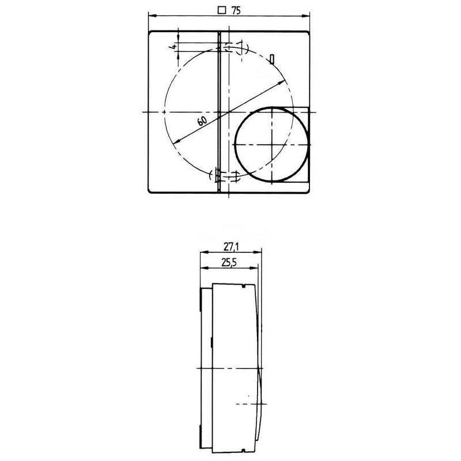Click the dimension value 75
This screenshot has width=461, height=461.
click(236, 10)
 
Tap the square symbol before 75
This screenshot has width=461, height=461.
click(222, 10)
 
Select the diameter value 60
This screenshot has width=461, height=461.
click(202, 120)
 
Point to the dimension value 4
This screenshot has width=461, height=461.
click(174, 47)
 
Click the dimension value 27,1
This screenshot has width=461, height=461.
click(231, 247)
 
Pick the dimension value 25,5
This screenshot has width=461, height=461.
click(229, 263)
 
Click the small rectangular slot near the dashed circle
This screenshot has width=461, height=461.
click(272, 59)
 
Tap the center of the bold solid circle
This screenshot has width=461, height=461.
click(272, 145)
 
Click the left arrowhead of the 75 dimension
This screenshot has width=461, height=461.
click(152, 17)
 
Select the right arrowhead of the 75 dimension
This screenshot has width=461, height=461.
click(307, 17)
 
